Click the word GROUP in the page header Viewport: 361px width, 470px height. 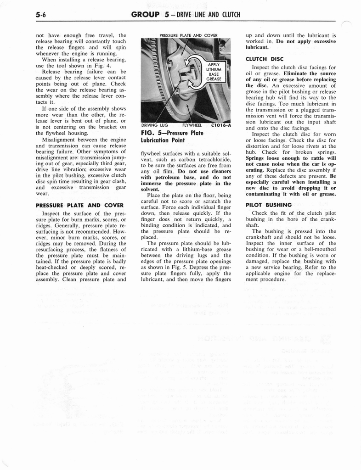[145, 14]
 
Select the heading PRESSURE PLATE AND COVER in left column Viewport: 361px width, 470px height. [79, 205]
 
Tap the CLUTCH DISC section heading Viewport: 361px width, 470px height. [265, 59]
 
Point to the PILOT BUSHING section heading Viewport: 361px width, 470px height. [269, 205]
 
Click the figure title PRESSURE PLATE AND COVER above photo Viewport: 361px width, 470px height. [188, 35]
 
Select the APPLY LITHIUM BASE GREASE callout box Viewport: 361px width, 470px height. [214, 72]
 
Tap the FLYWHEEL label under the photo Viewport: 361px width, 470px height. [193, 124]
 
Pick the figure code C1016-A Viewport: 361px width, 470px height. [220, 124]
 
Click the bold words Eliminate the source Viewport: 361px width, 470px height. [310, 73]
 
